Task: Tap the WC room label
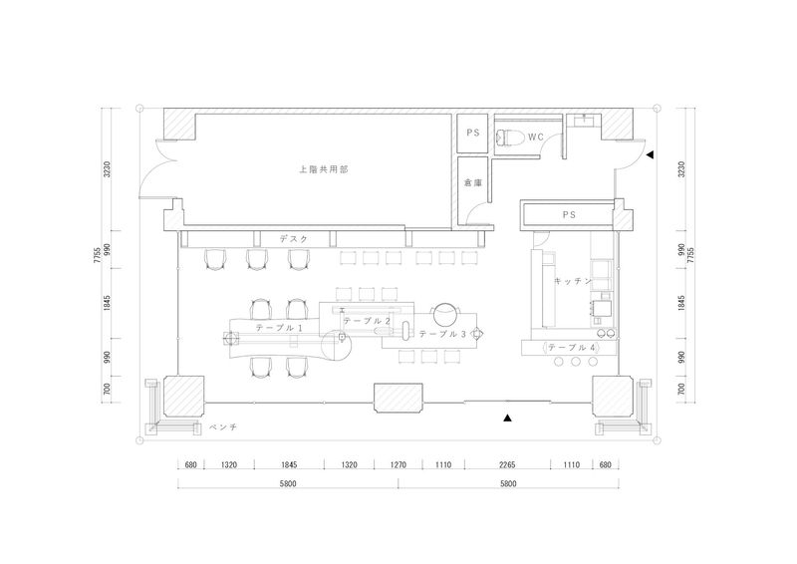tap(536, 138)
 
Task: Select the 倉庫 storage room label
tap(472, 182)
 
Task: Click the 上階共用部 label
tap(323, 169)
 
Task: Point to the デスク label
tap(294, 238)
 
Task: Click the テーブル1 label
tap(279, 328)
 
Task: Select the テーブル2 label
tap(367, 321)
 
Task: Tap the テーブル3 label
tap(442, 334)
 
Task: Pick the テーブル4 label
tap(572, 348)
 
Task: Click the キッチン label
tap(573, 281)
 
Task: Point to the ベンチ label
tap(223, 427)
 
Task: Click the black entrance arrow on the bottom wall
tap(507, 419)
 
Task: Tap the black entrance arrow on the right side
tap(650, 154)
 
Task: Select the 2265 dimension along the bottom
tap(507, 464)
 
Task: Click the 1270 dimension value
tap(398, 464)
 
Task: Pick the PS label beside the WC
tap(473, 133)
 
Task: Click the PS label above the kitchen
tap(569, 215)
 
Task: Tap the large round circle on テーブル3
tap(446, 314)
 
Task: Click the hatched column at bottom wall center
tap(398, 398)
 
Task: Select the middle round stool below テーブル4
tap(576, 362)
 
